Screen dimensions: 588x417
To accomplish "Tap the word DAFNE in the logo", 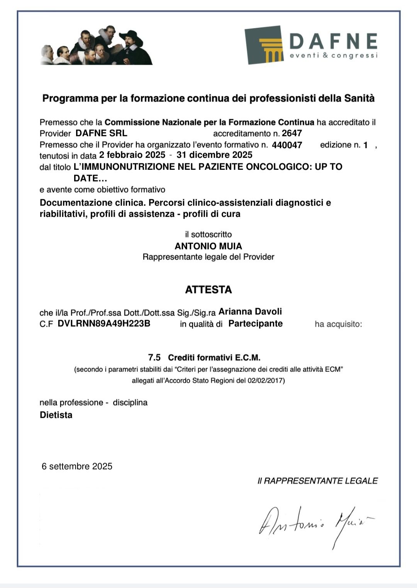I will point(333,41).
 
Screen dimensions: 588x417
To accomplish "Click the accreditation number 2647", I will point(292,134).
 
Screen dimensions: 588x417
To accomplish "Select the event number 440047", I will point(287,145).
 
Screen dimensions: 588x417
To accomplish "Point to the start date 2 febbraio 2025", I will point(132,155).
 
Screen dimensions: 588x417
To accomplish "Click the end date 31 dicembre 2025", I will point(214,155).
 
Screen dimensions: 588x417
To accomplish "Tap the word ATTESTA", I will point(208,290).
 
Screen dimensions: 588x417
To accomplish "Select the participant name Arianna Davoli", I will point(250,312).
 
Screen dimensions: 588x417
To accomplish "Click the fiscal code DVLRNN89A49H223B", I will point(104,324).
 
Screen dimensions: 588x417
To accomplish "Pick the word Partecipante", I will point(255,324).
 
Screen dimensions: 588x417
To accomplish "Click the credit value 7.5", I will point(154,358).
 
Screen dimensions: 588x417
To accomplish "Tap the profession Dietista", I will point(56,415).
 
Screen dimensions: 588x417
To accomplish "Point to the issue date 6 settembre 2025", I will point(77,466).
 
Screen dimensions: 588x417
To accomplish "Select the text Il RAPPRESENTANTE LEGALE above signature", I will point(317,481).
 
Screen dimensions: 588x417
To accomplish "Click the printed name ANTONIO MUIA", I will point(208,246).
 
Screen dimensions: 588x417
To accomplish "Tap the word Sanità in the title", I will point(359,98).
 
